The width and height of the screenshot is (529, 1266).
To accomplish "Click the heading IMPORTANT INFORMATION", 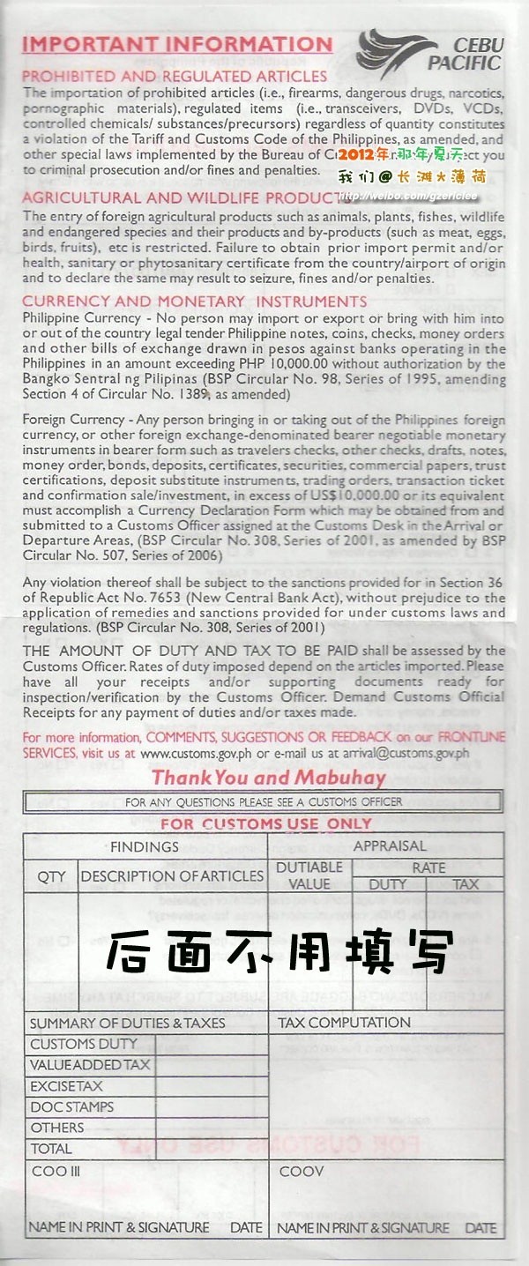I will (177, 44).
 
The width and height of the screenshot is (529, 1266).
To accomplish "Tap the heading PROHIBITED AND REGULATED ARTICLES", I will (175, 77).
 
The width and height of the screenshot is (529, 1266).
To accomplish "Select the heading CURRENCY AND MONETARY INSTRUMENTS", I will (194, 302).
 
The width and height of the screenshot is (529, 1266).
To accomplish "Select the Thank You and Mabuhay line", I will (269, 778).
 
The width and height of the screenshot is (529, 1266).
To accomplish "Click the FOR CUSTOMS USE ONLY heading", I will (266, 824).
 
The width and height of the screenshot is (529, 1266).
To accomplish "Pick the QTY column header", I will (51, 876).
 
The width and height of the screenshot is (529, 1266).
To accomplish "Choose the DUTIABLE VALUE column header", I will (309, 875).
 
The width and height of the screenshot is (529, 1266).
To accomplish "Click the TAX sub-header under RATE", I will (465, 884).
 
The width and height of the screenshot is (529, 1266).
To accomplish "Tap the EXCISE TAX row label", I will (67, 1086).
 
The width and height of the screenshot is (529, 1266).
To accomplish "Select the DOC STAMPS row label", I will (72, 1107).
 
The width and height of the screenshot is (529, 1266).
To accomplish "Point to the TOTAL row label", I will (51, 1149).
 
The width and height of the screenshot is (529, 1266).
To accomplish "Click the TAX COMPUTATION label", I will (344, 1023).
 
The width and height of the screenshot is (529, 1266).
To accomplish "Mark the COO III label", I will (56, 1172).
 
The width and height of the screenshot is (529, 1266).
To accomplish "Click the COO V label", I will (302, 1172).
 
